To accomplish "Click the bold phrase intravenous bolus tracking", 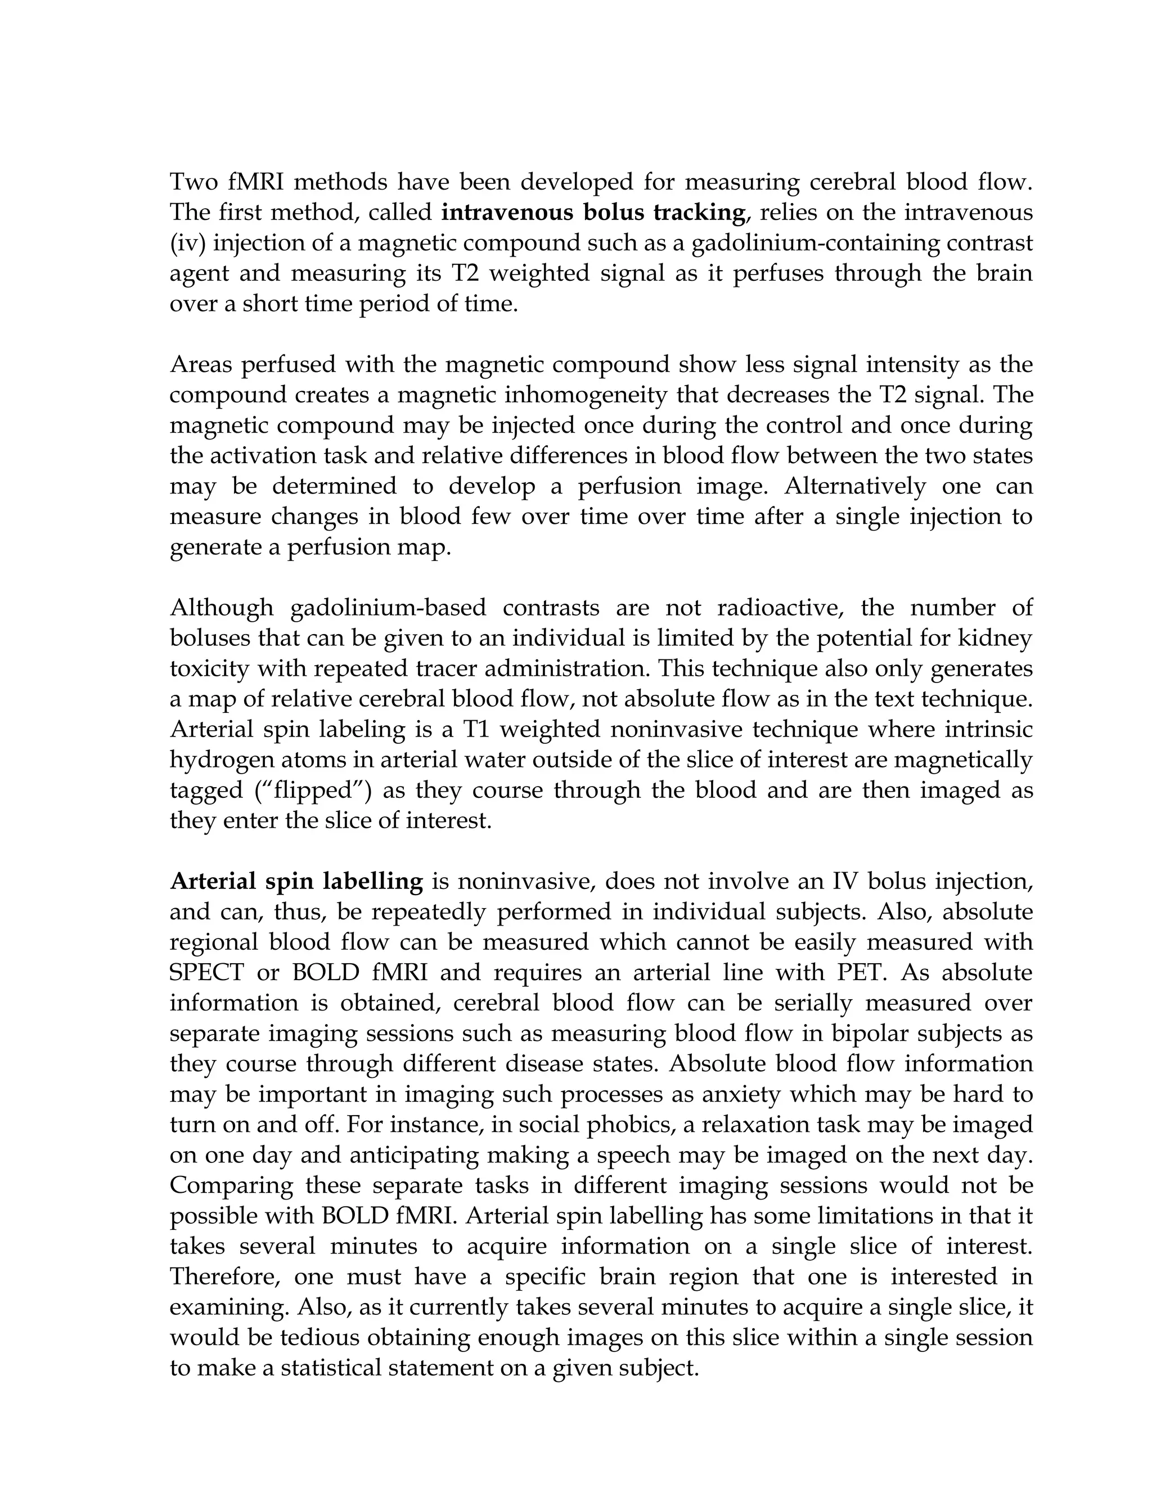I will [592, 213].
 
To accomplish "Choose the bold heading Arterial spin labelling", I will [296, 881].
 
